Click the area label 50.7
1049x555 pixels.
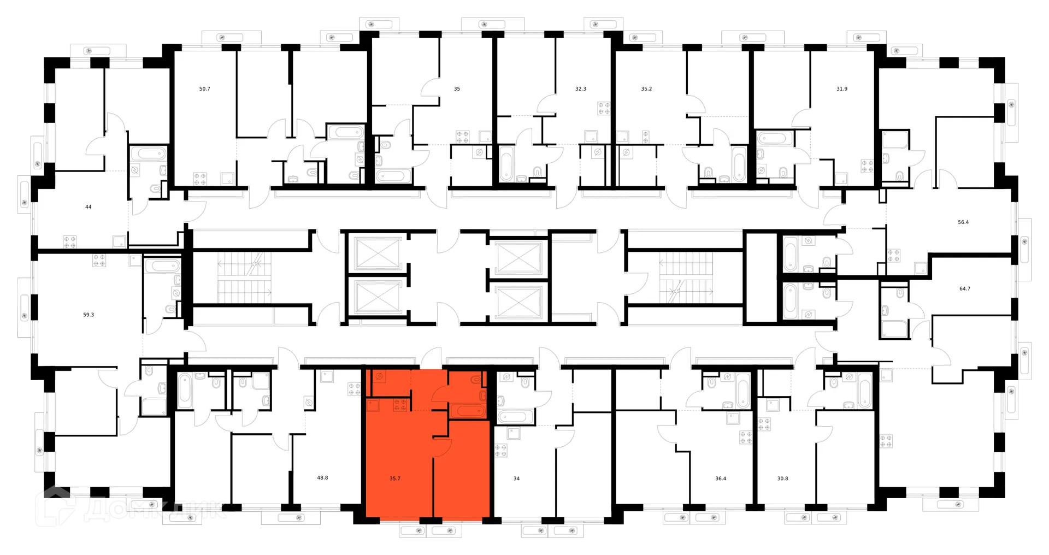tap(204, 88)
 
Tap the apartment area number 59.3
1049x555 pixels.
tap(89, 315)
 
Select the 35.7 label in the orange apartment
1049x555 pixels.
tap(395, 478)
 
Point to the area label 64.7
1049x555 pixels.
tap(965, 288)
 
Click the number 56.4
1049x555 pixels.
tap(963, 222)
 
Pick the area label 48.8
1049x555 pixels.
tap(322, 477)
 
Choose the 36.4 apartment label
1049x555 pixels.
tap(721, 478)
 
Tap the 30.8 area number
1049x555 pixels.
tap(782, 478)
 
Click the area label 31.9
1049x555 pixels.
tap(842, 88)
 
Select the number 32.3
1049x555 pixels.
tap(581, 88)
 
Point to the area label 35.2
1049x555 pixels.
tap(646, 88)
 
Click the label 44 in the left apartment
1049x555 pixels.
tap(89, 207)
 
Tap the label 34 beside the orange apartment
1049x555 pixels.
tap(516, 478)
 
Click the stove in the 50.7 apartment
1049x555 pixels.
tap(200, 178)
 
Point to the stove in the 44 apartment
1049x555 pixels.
tap(69, 241)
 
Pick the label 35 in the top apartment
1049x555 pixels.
tap(457, 88)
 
